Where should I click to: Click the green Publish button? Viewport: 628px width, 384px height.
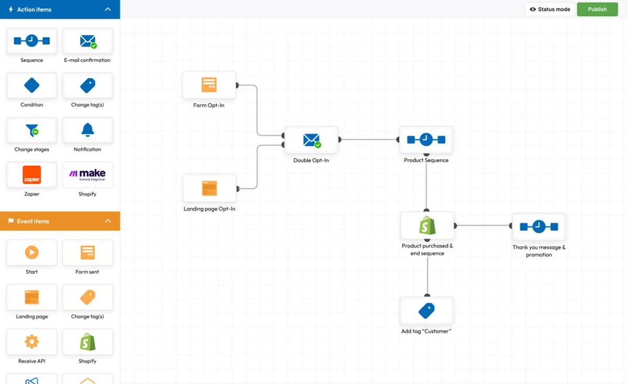click(597, 9)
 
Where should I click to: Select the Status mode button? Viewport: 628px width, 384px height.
click(549, 9)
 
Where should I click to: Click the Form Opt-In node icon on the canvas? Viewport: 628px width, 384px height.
click(209, 85)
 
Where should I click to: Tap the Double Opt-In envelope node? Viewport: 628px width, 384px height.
click(311, 140)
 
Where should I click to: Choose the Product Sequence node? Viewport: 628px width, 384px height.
click(426, 139)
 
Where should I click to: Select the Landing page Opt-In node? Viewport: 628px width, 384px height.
click(209, 189)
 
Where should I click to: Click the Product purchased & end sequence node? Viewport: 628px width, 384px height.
click(427, 226)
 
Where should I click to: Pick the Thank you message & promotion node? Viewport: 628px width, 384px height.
click(539, 227)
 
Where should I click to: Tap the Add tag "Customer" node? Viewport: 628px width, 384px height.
click(427, 311)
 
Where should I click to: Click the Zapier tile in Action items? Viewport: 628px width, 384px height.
click(32, 174)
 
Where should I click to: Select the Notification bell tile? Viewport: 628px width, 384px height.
click(87, 130)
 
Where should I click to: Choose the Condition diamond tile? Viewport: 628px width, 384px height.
click(32, 85)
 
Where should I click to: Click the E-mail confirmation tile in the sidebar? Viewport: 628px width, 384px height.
click(87, 41)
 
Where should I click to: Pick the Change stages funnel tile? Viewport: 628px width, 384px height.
click(32, 130)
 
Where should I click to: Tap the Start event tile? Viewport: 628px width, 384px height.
click(32, 253)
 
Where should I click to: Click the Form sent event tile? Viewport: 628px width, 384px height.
click(87, 253)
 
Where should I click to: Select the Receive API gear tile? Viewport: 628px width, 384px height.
click(32, 342)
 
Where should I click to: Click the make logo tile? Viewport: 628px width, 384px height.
click(87, 174)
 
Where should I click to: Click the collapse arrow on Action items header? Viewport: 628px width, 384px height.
click(108, 9)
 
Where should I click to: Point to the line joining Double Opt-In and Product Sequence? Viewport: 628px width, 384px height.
click(369, 140)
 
